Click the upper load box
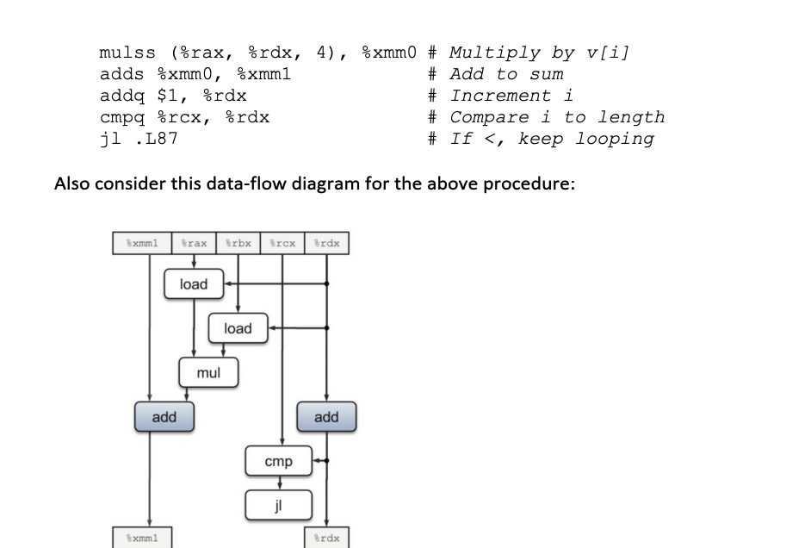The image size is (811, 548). point(194,284)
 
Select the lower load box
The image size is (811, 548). point(238,328)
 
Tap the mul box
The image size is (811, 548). point(208,373)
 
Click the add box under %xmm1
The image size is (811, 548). point(164,417)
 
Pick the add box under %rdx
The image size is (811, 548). point(326,417)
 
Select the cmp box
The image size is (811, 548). point(278,462)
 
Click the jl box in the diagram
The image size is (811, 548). point(278,504)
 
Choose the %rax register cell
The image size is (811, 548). point(194,244)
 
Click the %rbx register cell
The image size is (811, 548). point(238,244)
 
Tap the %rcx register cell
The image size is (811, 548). point(282,244)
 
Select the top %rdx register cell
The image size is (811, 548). point(326,244)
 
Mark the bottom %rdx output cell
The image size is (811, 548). point(325,539)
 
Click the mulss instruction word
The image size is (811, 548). point(127,53)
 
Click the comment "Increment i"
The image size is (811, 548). point(511,96)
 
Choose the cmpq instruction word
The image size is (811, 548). point(122,117)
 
